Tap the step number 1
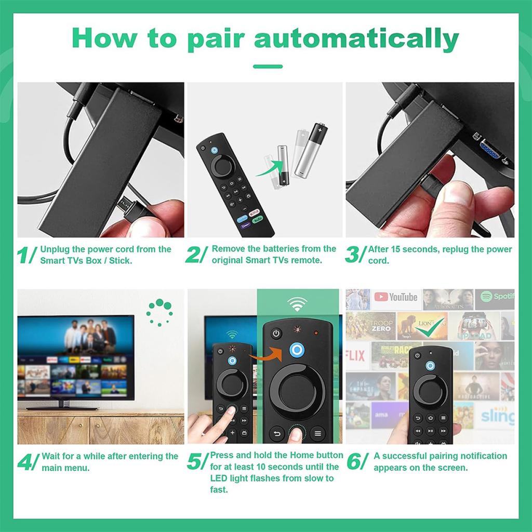[x=24, y=255]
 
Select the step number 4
[x=25, y=462]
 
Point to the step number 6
[x=354, y=461]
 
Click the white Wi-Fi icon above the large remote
[x=297, y=304]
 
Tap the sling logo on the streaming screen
[x=496, y=416]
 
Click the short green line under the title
[x=268, y=66]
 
